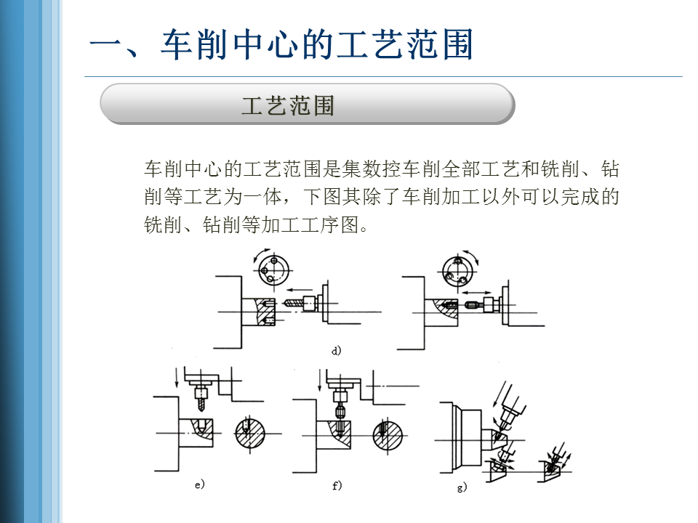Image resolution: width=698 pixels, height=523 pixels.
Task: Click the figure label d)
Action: point(336,352)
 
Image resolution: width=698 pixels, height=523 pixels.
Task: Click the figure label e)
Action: point(200,484)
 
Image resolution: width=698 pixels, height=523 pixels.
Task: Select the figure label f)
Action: point(337,485)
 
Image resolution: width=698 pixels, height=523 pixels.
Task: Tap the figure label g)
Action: point(461,487)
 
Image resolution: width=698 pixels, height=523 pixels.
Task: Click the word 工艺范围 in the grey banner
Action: point(288,106)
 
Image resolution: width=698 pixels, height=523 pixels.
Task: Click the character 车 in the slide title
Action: point(179,46)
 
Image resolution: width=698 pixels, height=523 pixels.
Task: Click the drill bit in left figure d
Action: point(293,300)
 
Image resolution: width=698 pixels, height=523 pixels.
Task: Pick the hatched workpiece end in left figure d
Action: point(265,312)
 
